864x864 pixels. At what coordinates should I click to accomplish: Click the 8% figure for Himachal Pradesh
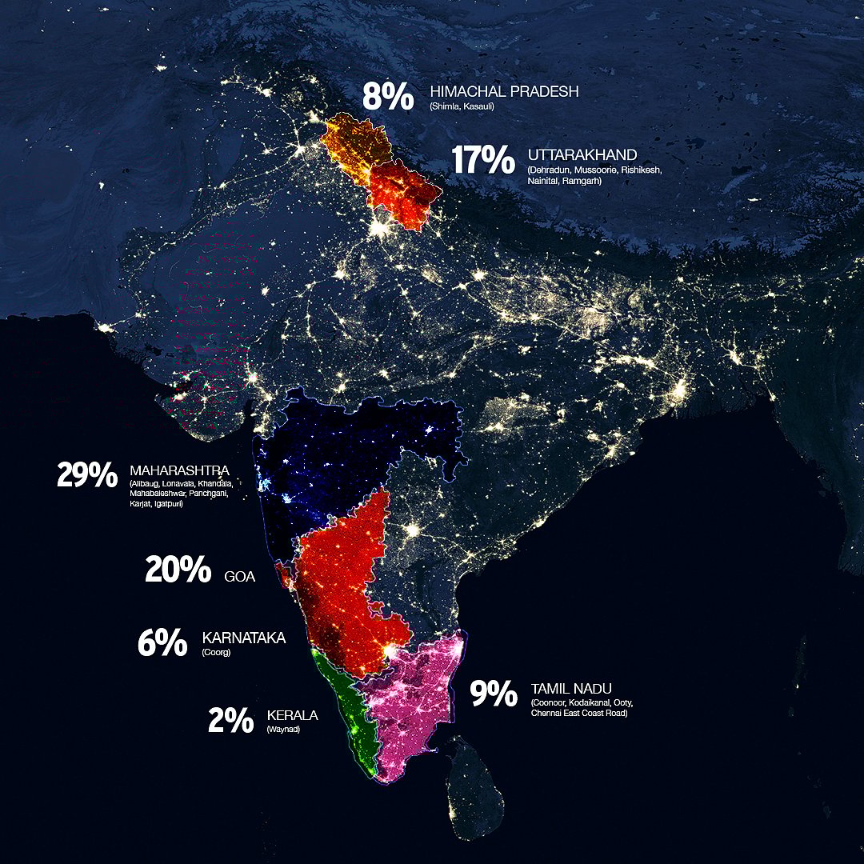click(388, 96)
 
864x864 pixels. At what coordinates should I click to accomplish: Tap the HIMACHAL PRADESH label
click(504, 92)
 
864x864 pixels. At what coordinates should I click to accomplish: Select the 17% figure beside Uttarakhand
click(482, 160)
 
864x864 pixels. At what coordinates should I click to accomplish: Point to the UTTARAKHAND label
click(582, 154)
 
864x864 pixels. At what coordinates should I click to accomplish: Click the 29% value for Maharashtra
click(87, 474)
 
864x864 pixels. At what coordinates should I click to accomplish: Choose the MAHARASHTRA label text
click(179, 470)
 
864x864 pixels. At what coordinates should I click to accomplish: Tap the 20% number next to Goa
click(178, 570)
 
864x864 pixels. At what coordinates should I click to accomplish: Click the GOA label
click(240, 575)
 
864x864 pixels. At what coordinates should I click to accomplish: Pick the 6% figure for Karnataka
click(162, 643)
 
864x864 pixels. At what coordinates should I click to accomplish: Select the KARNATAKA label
click(244, 638)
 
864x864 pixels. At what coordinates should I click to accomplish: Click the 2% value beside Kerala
click(230, 721)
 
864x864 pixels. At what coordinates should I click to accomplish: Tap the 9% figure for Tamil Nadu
click(493, 694)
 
